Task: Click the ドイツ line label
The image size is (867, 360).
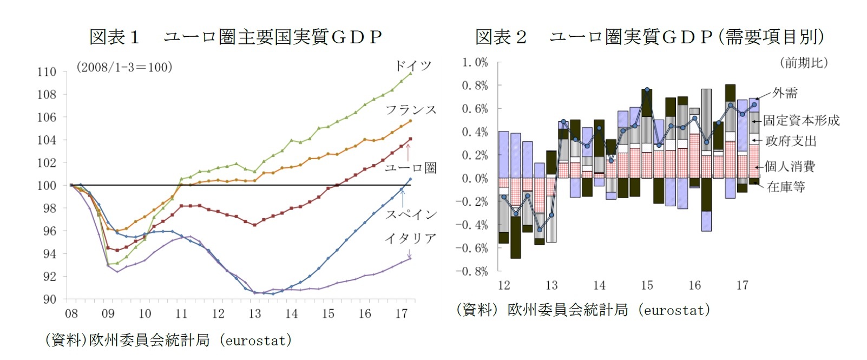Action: point(413,66)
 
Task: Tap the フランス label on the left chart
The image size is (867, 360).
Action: point(411,110)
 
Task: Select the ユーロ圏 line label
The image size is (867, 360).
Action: point(410,168)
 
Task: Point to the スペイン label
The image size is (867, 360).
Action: point(411,214)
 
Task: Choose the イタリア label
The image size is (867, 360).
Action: point(411,238)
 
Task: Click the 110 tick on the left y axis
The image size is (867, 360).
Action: point(47,72)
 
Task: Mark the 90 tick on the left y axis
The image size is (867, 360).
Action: point(49,299)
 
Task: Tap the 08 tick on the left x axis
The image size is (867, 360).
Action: point(71,314)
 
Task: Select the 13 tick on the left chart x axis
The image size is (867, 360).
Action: point(254,314)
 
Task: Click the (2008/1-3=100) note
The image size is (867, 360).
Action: point(124,67)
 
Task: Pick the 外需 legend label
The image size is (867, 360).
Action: point(785,93)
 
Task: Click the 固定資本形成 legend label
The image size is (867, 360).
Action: point(801,121)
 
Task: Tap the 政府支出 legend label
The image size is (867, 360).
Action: point(791,141)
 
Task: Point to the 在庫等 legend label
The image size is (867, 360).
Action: point(786,187)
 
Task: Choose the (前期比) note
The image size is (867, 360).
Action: point(804,63)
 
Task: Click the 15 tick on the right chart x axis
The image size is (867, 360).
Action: point(647,285)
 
